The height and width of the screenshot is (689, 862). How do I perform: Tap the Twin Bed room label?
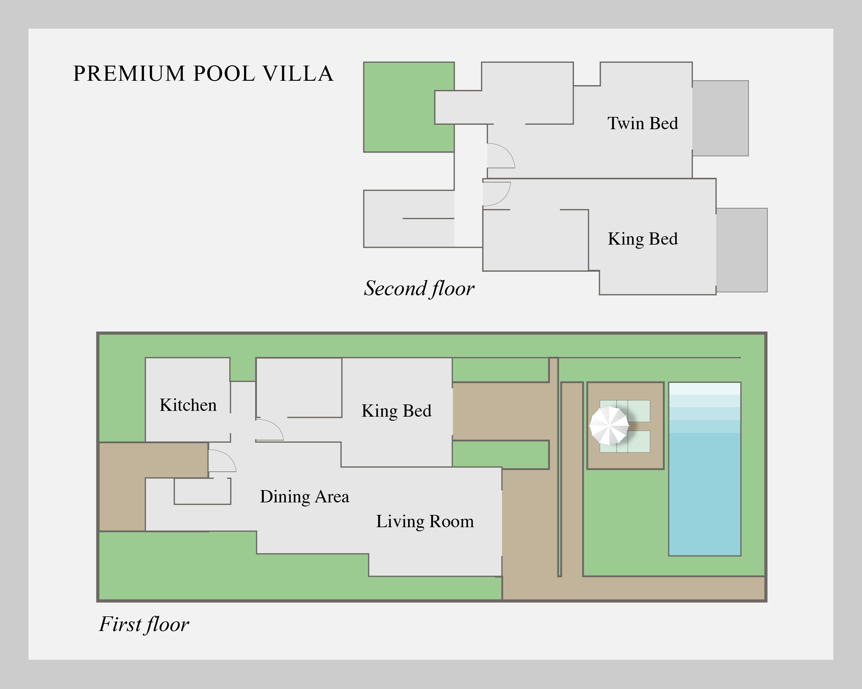pyautogui.click(x=642, y=123)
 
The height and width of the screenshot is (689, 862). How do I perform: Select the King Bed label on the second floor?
pyautogui.click(x=642, y=239)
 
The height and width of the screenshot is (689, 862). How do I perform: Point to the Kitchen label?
pyautogui.click(x=188, y=405)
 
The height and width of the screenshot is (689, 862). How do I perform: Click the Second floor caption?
pyautogui.click(x=419, y=289)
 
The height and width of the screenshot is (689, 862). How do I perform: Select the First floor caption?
pyautogui.click(x=144, y=625)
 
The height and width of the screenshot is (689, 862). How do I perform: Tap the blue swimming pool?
pyautogui.click(x=705, y=469)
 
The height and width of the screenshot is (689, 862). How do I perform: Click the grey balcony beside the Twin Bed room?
pyautogui.click(x=720, y=118)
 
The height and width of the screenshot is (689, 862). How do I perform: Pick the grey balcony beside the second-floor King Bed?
pyautogui.click(x=742, y=250)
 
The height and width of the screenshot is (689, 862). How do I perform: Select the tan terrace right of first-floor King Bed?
pyautogui.click(x=501, y=411)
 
